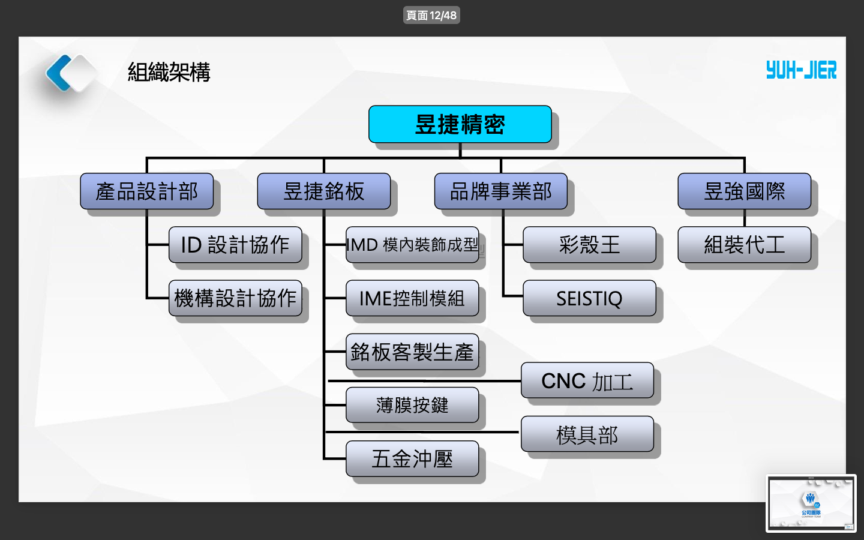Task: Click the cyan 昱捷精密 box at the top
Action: pyautogui.click(x=460, y=124)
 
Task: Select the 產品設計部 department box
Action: pyautogui.click(x=147, y=191)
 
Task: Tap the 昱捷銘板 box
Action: pyautogui.click(x=324, y=191)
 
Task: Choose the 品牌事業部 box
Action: pyautogui.click(x=501, y=191)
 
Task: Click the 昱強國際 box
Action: pyautogui.click(x=744, y=191)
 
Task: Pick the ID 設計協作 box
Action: pyautogui.click(x=235, y=245)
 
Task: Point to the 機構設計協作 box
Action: pyautogui.click(x=235, y=298)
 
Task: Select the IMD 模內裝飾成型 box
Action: pyautogui.click(x=412, y=245)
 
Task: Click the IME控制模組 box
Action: pyautogui.click(x=412, y=298)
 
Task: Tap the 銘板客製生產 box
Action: pyautogui.click(x=412, y=352)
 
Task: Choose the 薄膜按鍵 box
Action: pyautogui.click(x=412, y=405)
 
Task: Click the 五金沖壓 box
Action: pyautogui.click(x=412, y=459)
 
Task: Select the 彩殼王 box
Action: pyautogui.click(x=589, y=245)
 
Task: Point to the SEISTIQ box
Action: pyautogui.click(x=589, y=298)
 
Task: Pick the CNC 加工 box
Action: pyautogui.click(x=587, y=380)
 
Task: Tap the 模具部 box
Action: pyautogui.click(x=587, y=434)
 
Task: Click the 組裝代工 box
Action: pyautogui.click(x=744, y=245)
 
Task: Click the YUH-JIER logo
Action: pyautogui.click(x=801, y=70)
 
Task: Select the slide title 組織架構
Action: pyautogui.click(x=169, y=72)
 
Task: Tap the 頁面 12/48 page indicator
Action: pyautogui.click(x=431, y=15)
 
